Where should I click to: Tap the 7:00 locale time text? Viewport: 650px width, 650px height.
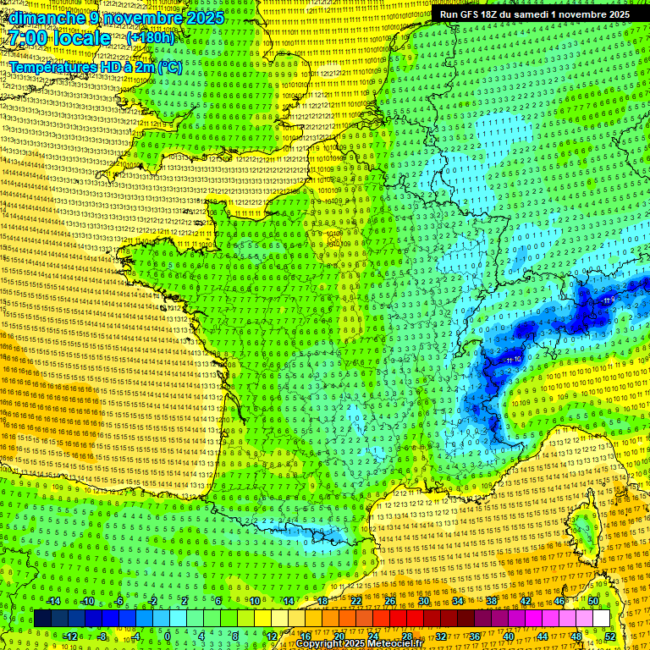point(59,38)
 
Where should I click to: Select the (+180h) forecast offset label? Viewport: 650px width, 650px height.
point(151,38)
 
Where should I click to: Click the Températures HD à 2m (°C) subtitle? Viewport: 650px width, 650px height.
point(96,66)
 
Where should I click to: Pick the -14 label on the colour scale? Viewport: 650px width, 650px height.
point(52,601)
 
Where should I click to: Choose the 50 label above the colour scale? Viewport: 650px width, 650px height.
point(593,601)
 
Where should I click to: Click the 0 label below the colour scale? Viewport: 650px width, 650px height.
point(168,636)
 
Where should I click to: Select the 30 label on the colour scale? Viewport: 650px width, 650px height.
point(423,601)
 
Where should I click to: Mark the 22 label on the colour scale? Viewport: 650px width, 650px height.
point(356,601)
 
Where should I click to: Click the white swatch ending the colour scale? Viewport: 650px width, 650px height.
point(601,618)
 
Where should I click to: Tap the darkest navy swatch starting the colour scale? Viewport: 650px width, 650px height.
point(42,618)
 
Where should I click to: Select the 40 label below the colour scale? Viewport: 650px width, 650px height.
point(508,636)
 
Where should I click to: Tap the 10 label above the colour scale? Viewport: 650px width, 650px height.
point(254,601)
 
